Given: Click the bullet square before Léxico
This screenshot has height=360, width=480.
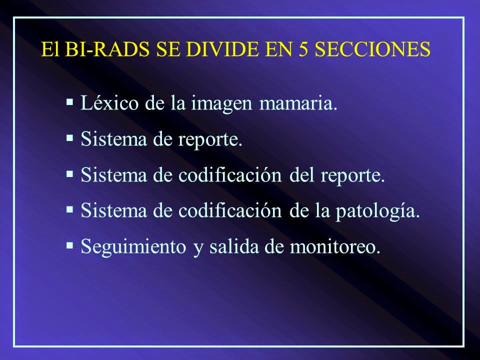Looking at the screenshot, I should click(70, 103).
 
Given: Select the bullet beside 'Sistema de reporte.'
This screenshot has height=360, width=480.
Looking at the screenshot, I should click(70, 139).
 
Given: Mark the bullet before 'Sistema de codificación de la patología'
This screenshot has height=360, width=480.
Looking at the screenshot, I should click(70, 210).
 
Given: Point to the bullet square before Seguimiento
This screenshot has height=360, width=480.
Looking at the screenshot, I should click(70, 246).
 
